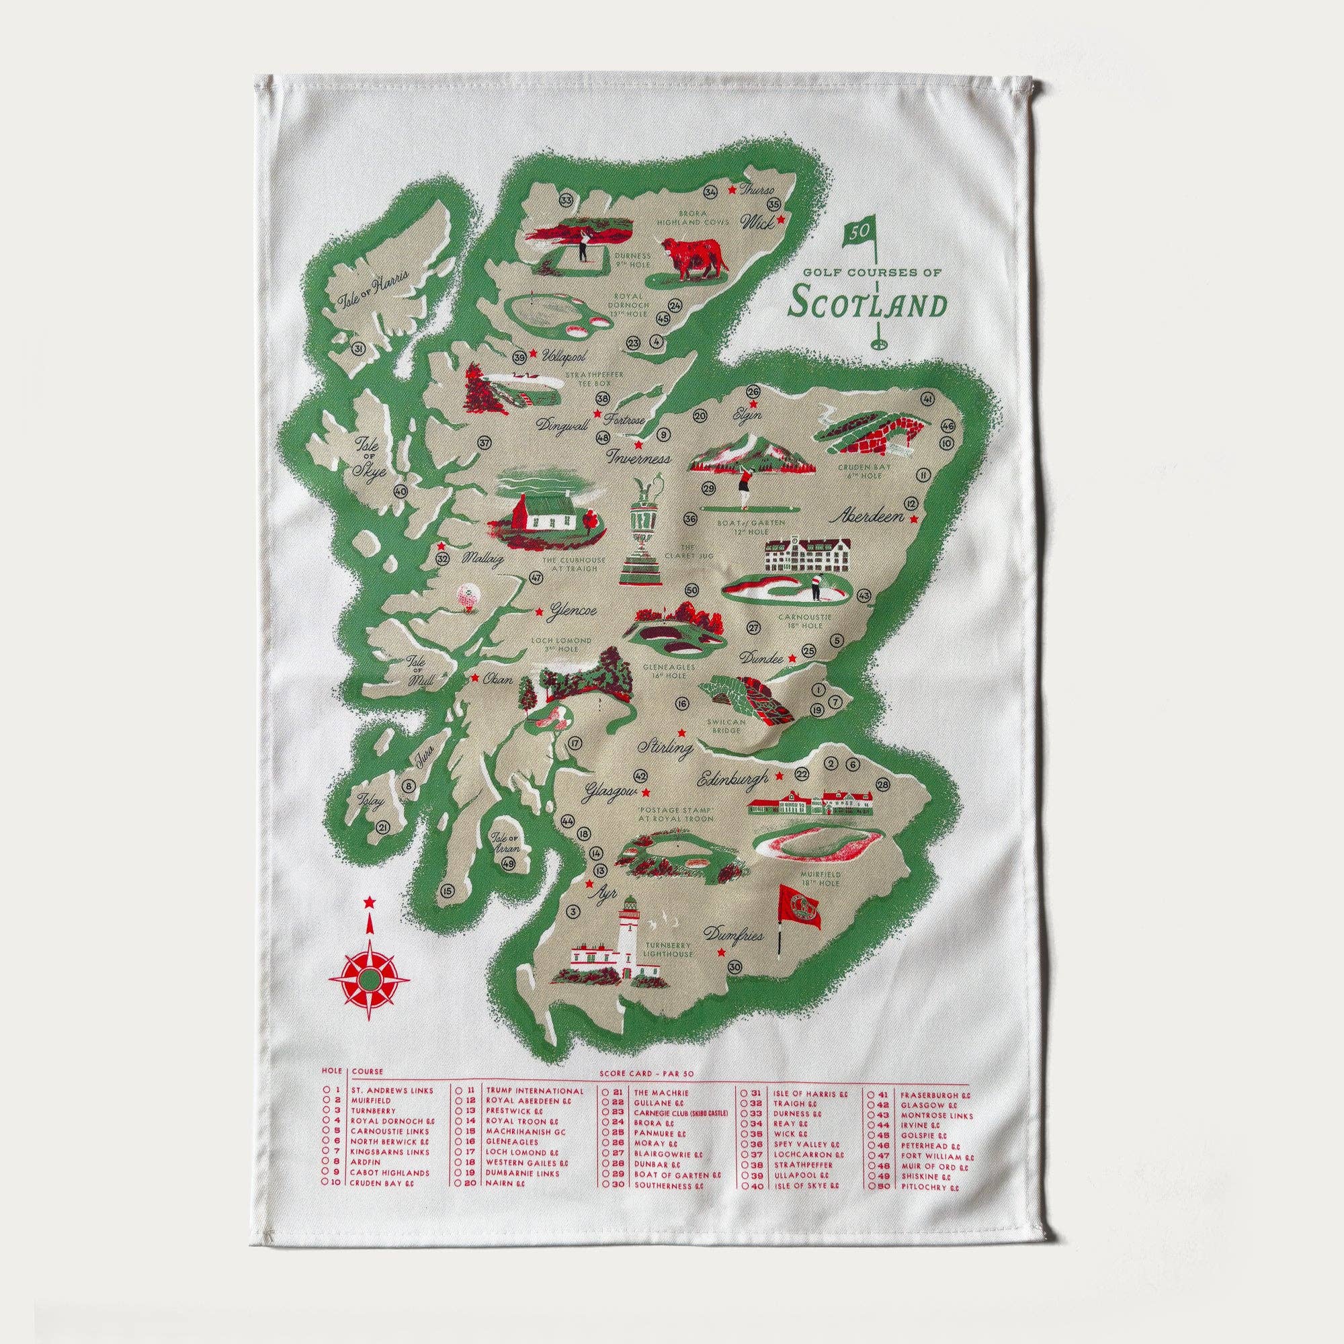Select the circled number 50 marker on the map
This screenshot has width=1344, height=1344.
click(691, 591)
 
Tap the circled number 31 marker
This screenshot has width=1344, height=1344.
click(359, 349)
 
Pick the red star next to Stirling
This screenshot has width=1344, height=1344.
click(681, 732)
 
